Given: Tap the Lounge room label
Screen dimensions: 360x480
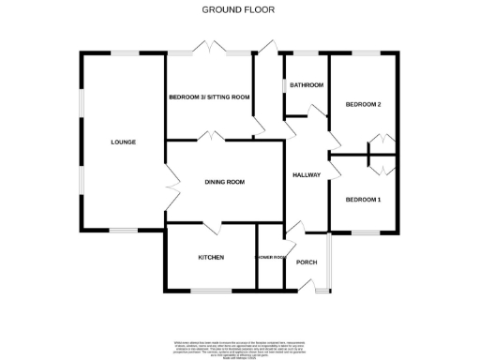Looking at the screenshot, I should point(123,142).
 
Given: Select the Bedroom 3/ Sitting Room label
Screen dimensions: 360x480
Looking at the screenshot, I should point(209,97).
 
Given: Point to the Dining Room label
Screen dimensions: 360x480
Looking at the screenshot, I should point(224,182).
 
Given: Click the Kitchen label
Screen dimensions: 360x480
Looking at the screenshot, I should point(210,257).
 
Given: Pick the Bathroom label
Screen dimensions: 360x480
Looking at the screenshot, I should point(307,85).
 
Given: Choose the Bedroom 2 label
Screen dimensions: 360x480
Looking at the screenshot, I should point(363,104).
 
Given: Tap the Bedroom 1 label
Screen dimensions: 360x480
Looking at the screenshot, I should point(363,200).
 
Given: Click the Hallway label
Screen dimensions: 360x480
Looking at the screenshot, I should point(307,175).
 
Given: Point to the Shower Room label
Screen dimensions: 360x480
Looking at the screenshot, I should point(270,257).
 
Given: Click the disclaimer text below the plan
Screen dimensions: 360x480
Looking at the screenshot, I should point(240,345).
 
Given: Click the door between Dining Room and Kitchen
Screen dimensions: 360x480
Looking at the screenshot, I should point(215,225).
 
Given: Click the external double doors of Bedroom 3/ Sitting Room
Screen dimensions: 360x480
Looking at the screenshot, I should point(209,50).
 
